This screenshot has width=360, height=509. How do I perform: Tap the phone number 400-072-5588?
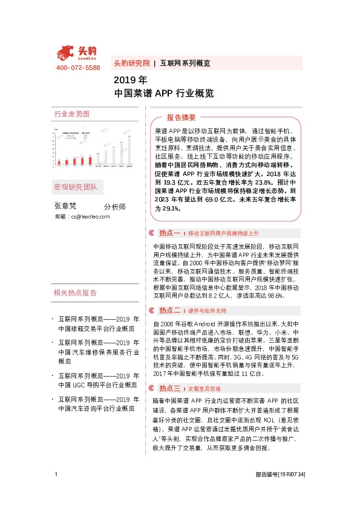tap(78, 67)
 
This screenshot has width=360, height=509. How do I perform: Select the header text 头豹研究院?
tap(131, 63)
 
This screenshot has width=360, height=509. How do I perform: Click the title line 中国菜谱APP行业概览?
tap(164, 94)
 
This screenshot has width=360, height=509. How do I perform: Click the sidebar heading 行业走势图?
tap(72, 114)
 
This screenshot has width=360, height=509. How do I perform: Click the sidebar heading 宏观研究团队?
tap(76, 187)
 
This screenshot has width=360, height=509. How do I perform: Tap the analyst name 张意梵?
tap(66, 206)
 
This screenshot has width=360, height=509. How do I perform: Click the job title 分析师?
tap(114, 207)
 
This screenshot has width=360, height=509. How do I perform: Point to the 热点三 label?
tap(170, 372)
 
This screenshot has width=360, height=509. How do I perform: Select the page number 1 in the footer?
tap(56, 491)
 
